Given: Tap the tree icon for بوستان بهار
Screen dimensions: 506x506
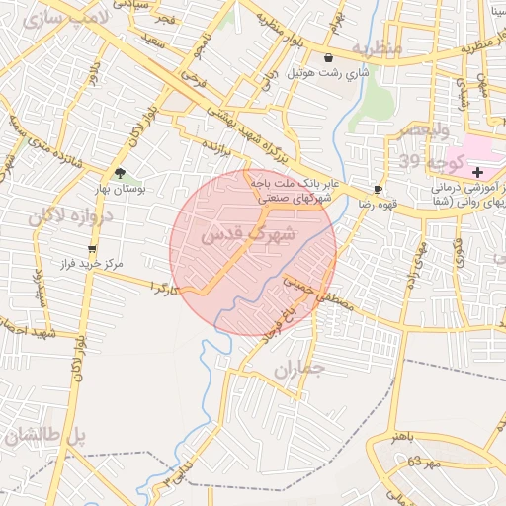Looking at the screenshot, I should (121, 174).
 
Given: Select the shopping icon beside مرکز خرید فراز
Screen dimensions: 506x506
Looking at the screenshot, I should (93, 249).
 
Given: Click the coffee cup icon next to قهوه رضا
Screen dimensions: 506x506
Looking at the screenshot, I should (378, 189).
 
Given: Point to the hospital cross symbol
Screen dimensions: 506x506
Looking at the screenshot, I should (478, 172).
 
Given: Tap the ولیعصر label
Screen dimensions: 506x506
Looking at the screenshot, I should (427, 130).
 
